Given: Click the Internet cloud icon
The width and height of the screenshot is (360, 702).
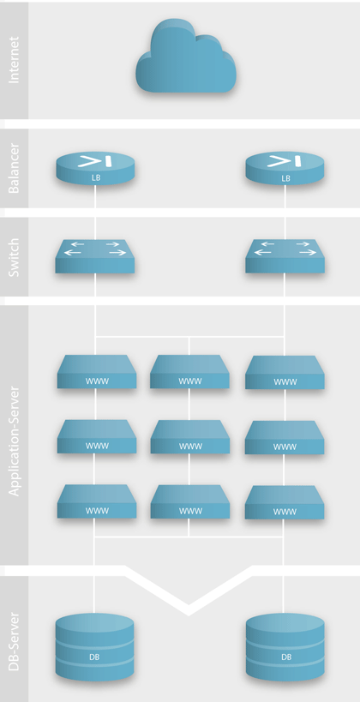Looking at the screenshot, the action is [x=186, y=57].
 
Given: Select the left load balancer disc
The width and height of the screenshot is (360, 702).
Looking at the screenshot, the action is [x=95, y=168].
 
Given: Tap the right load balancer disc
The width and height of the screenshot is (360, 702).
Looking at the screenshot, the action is [x=285, y=168].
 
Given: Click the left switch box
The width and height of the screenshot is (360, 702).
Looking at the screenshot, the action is [x=95, y=255].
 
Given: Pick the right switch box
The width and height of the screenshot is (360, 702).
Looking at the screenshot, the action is [x=285, y=255].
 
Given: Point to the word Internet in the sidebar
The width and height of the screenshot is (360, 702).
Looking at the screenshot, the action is [x=15, y=61].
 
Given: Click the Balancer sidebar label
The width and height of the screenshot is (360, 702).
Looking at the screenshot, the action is [x=15, y=168].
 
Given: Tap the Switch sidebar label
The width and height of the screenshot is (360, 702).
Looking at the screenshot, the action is [x=15, y=257].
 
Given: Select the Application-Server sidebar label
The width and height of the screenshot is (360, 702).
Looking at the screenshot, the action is [x=15, y=435].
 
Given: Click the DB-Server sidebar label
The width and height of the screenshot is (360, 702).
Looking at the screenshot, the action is [x=15, y=640].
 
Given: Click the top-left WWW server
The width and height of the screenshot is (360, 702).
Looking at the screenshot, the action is [x=97, y=372].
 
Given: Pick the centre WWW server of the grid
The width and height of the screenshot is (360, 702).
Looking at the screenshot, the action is [x=189, y=436].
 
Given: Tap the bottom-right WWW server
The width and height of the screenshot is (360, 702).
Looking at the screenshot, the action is [x=285, y=502].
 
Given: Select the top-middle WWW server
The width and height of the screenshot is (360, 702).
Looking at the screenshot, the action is [x=189, y=372].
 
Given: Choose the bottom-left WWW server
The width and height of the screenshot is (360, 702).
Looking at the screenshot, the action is [x=97, y=501].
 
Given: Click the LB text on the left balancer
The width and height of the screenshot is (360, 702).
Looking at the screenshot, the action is [x=95, y=178].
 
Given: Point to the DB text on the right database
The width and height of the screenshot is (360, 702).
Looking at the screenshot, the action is [x=285, y=657].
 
